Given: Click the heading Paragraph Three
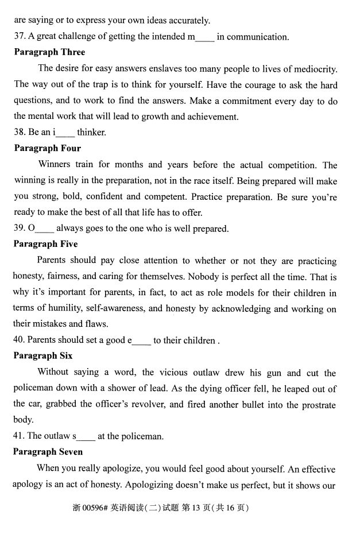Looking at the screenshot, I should [x=49, y=52].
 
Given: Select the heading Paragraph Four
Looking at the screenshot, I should [x=47, y=148].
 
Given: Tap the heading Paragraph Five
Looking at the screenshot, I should [x=45, y=244].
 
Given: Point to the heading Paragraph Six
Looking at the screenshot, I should [x=43, y=356].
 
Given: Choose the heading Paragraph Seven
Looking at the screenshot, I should [x=48, y=452].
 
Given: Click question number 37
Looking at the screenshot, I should [x=19, y=37].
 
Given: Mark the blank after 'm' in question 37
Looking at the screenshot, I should [x=205, y=38].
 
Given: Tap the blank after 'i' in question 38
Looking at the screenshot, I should [x=65, y=133].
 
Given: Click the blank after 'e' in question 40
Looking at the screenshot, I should [x=141, y=341].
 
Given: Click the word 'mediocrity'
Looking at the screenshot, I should [x=315, y=69].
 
